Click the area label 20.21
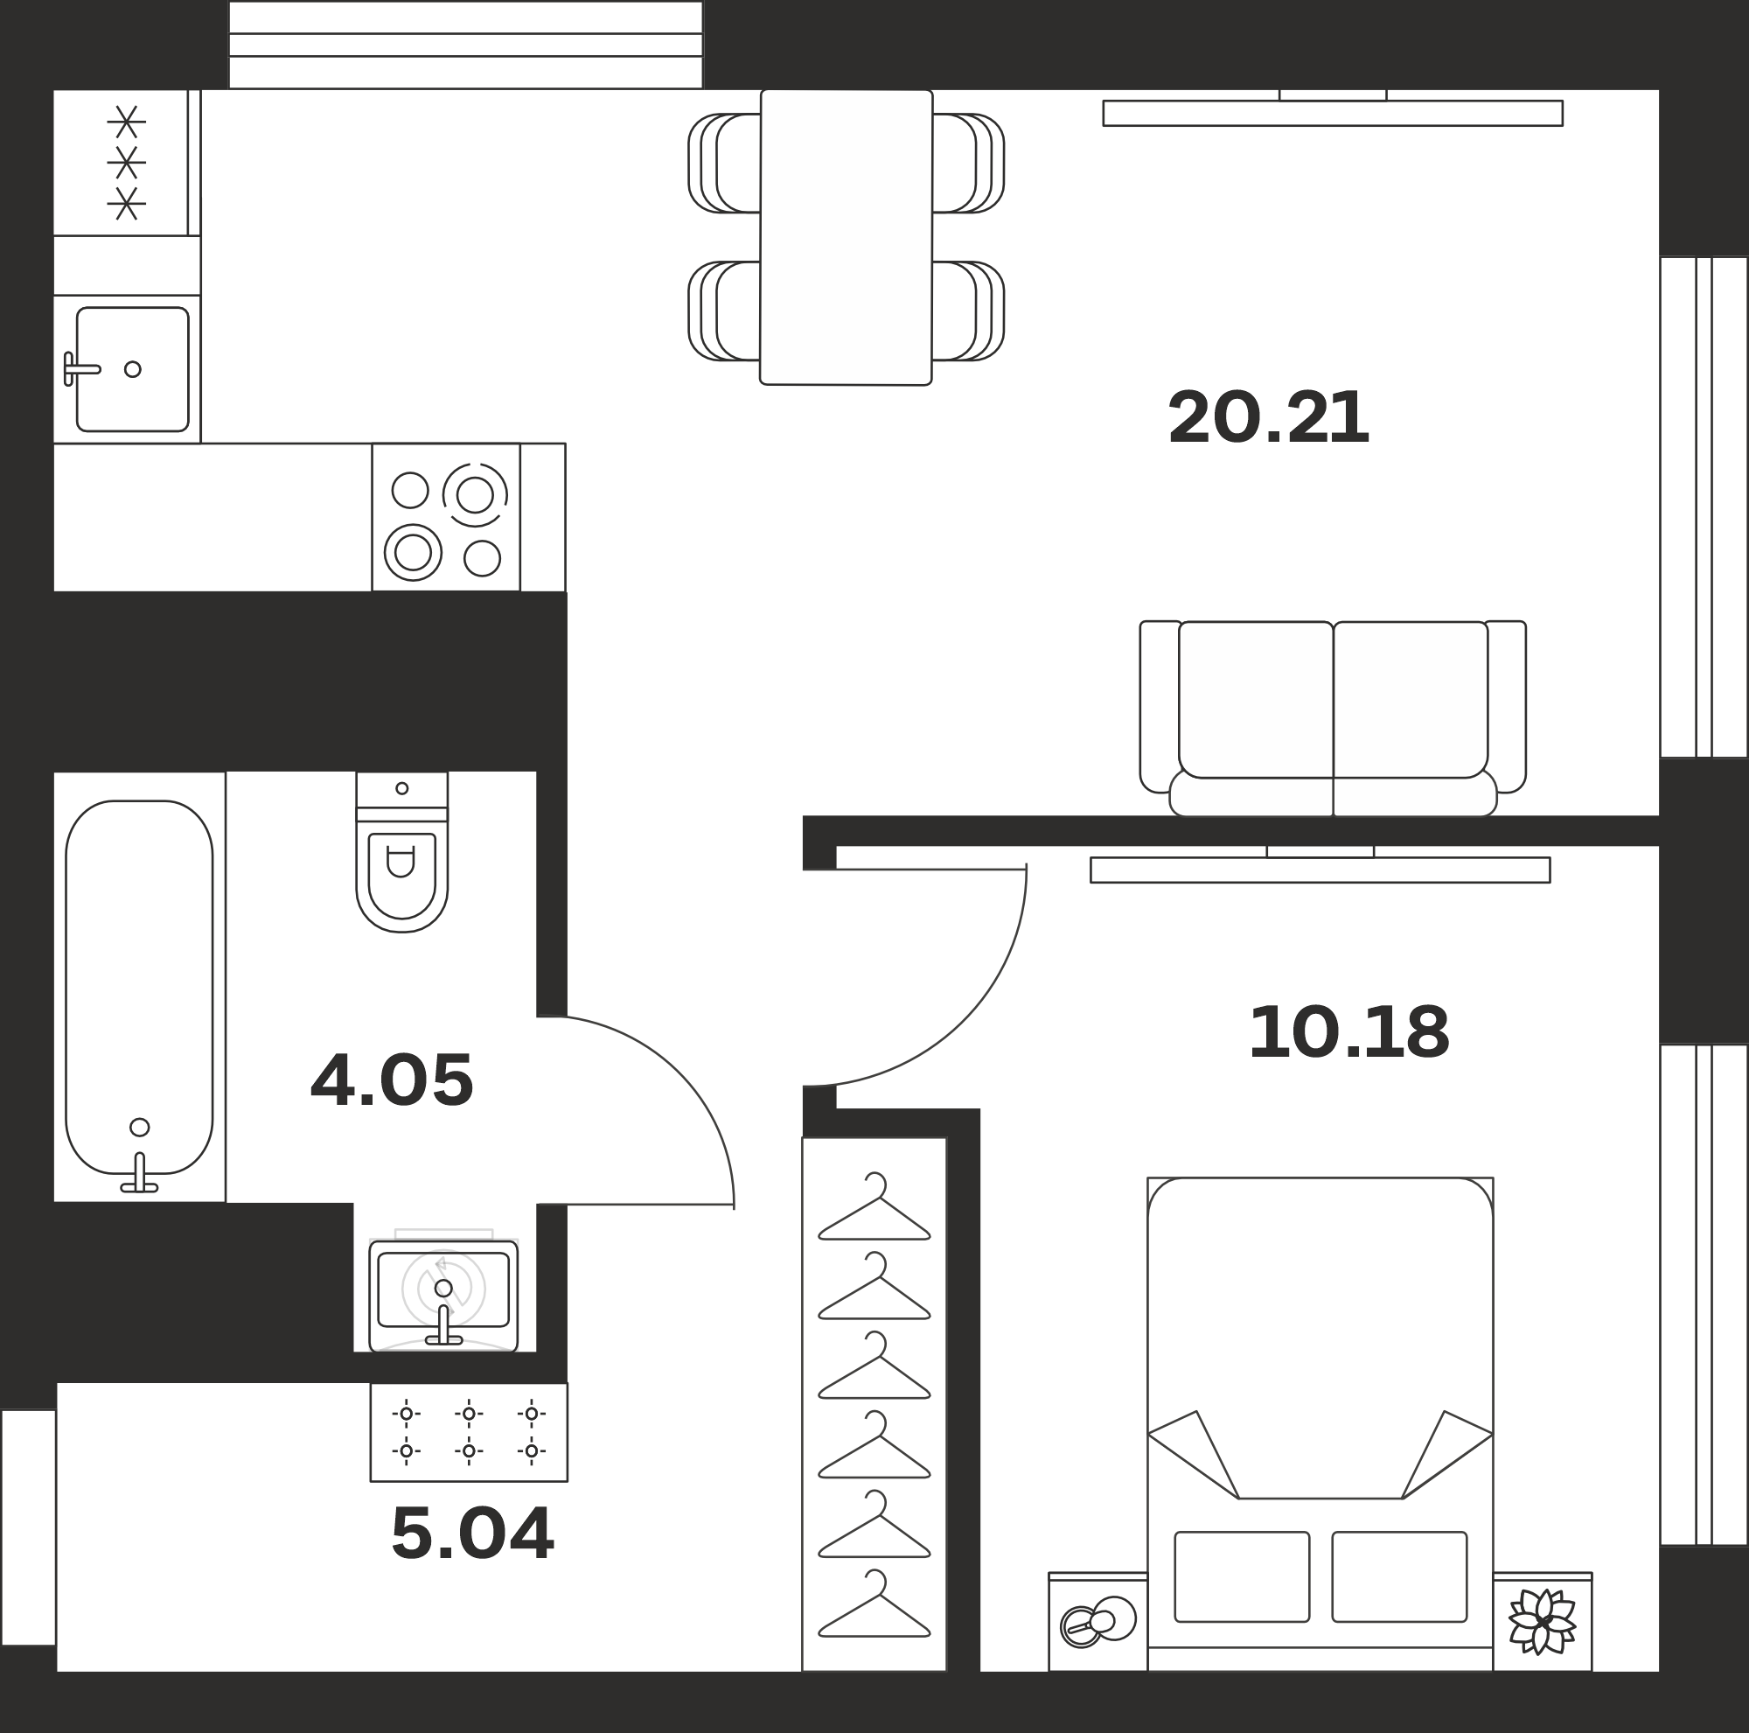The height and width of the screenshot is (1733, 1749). [1267, 417]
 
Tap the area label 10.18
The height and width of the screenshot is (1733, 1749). [1348, 1032]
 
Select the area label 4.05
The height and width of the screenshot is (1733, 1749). [391, 1080]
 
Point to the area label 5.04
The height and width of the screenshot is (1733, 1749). [471, 1533]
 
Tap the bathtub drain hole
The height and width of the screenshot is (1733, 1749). [139, 1128]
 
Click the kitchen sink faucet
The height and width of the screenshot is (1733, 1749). [80, 368]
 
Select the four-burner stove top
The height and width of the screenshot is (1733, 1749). [445, 517]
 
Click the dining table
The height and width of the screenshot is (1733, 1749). [846, 237]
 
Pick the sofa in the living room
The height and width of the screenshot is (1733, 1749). [1333, 718]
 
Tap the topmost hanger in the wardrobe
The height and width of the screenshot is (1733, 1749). [874, 1207]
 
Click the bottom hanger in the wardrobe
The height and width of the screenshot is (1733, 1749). [874, 1604]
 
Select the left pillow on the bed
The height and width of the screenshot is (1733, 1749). [1241, 1576]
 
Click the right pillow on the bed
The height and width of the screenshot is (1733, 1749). [1398, 1576]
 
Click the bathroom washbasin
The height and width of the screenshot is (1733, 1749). [442, 1296]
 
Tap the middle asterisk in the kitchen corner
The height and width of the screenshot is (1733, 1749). [127, 163]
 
